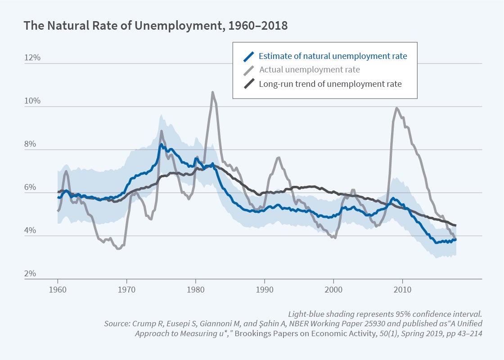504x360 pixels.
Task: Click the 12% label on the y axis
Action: (x=32, y=58)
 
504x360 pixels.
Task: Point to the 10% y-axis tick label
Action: (x=32, y=101)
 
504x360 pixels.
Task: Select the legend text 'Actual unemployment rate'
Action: (x=310, y=70)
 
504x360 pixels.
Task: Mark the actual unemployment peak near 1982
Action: (x=212, y=92)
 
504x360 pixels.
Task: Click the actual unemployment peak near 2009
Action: (x=396, y=108)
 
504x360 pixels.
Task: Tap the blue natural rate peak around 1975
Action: (x=161, y=144)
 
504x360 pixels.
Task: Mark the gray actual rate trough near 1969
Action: (x=118, y=248)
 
